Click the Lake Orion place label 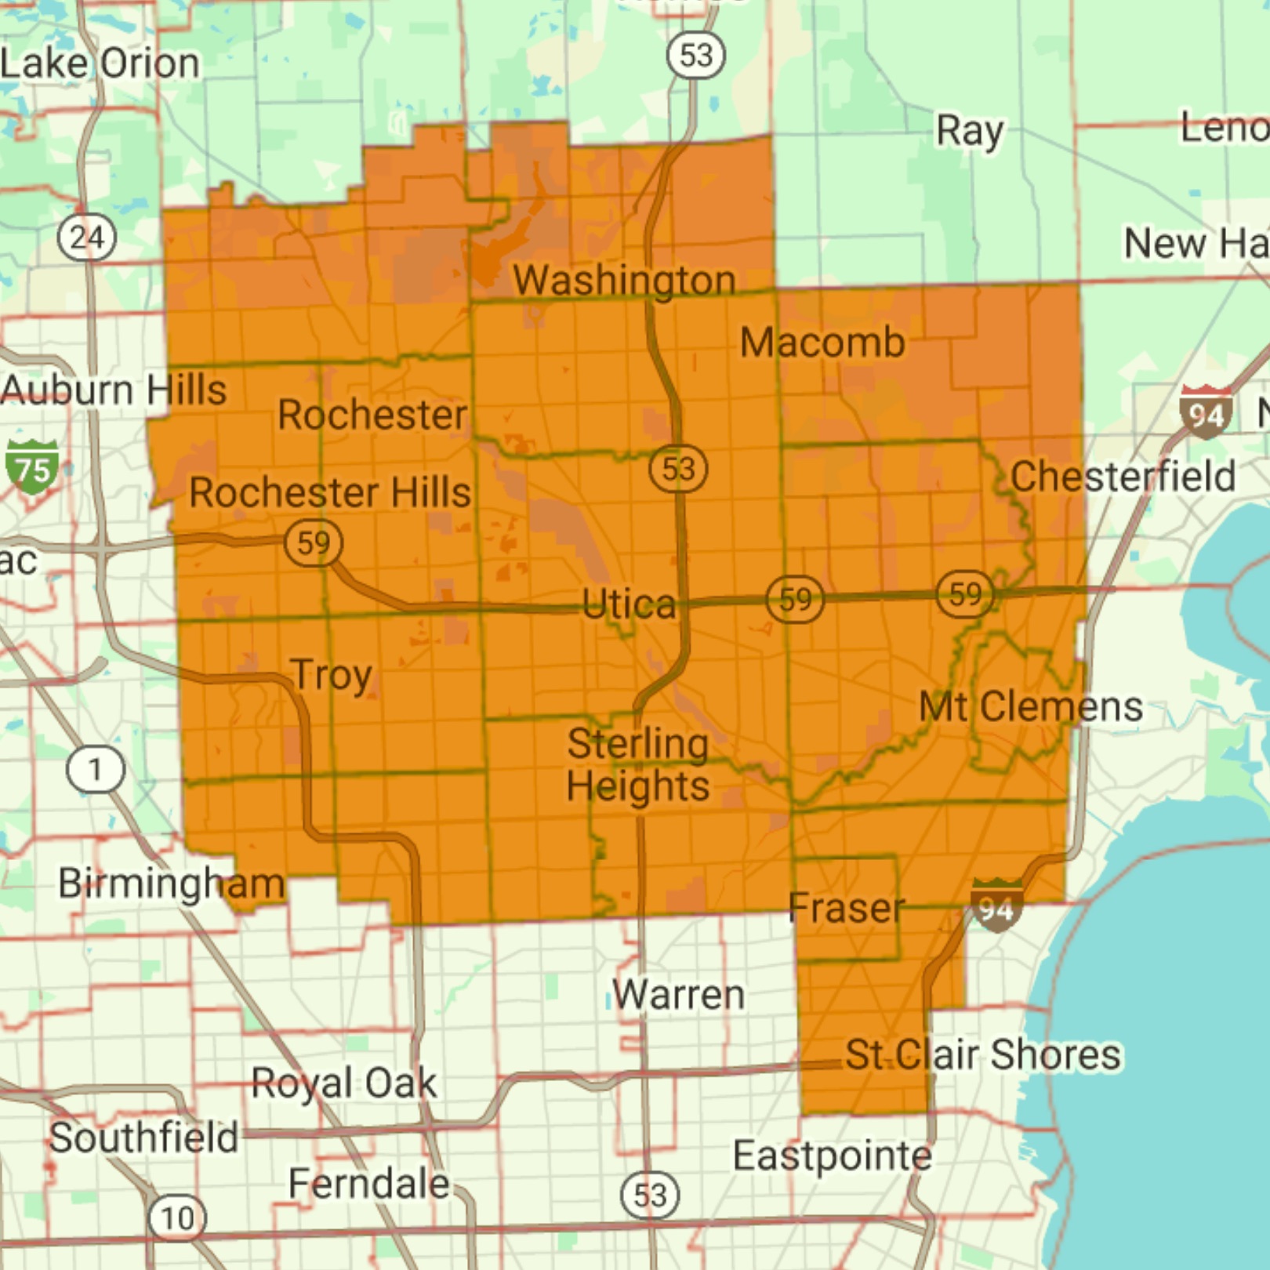click(x=100, y=63)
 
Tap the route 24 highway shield click(x=87, y=238)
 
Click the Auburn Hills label click(x=114, y=390)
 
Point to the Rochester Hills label click(x=330, y=492)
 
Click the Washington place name click(x=624, y=281)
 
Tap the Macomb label click(x=822, y=343)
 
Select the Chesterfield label click(x=1122, y=476)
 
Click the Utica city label click(x=629, y=604)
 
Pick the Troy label click(x=331, y=675)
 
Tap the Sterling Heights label click(x=637, y=764)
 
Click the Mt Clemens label click(x=1030, y=706)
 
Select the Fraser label click(x=846, y=908)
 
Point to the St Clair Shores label click(x=983, y=1054)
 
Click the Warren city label click(x=678, y=995)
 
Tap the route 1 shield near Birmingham click(x=95, y=770)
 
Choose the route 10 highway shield click(x=177, y=1217)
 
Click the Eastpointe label click(x=832, y=1156)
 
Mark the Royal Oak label click(x=343, y=1083)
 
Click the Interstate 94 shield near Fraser click(x=996, y=907)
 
